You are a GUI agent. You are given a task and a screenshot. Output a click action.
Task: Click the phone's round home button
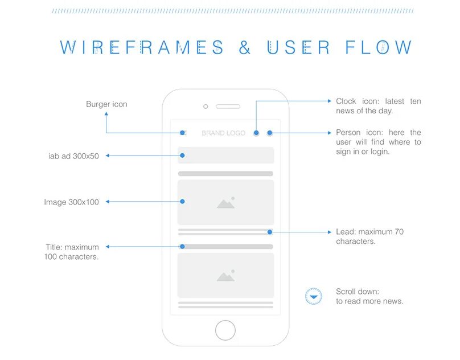(225, 330)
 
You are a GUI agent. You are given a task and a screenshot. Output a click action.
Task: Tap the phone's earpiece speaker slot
(228, 106)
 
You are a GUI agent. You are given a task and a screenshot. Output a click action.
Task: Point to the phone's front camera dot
(206, 107)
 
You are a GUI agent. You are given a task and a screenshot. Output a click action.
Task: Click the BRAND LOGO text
(223, 133)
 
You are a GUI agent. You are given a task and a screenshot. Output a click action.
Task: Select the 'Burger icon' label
(106, 104)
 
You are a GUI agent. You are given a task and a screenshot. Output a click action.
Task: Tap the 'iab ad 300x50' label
(73, 156)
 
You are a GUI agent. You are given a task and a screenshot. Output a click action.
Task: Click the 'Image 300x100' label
(71, 202)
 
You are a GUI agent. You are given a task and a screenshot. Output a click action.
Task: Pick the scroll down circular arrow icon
(314, 296)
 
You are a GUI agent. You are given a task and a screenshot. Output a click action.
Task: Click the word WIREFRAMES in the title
(142, 47)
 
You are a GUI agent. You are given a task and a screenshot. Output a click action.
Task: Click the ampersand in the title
(245, 47)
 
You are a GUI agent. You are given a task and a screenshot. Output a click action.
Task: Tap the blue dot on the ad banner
(182, 156)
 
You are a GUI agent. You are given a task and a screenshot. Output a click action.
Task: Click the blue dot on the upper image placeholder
(183, 202)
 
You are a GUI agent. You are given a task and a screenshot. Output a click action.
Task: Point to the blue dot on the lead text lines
(270, 232)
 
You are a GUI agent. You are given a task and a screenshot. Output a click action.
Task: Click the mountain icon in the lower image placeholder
(226, 276)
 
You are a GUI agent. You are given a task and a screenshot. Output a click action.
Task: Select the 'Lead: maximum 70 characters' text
(369, 236)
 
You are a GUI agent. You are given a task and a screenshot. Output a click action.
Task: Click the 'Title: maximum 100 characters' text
(72, 252)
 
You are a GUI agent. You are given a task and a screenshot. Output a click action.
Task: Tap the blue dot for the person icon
(270, 133)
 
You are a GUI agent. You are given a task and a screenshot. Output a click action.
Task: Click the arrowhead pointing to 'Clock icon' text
(330, 101)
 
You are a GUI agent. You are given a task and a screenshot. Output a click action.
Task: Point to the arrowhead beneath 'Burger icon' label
(106, 113)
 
